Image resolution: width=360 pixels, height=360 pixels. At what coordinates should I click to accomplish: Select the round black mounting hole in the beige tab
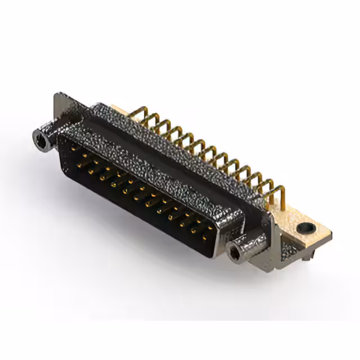[x=305, y=228]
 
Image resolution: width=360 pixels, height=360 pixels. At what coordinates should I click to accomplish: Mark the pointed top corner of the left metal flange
[x=58, y=96]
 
